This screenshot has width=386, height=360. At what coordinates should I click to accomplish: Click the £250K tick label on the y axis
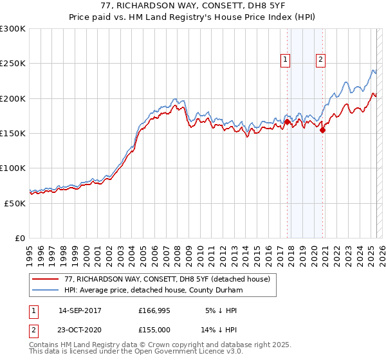coord(13,64)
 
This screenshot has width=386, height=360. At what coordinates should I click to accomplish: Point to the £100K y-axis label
coord(13,168)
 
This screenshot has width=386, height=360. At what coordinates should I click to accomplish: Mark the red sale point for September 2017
coord(287,121)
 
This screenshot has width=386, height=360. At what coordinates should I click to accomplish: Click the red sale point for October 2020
coord(322,130)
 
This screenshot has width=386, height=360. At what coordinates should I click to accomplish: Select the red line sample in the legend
coord(46,280)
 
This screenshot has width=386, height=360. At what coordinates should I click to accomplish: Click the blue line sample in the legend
coord(46,291)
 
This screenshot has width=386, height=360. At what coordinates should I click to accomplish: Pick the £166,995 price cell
coord(154,310)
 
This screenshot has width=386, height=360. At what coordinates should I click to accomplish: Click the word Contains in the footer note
coord(46,346)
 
